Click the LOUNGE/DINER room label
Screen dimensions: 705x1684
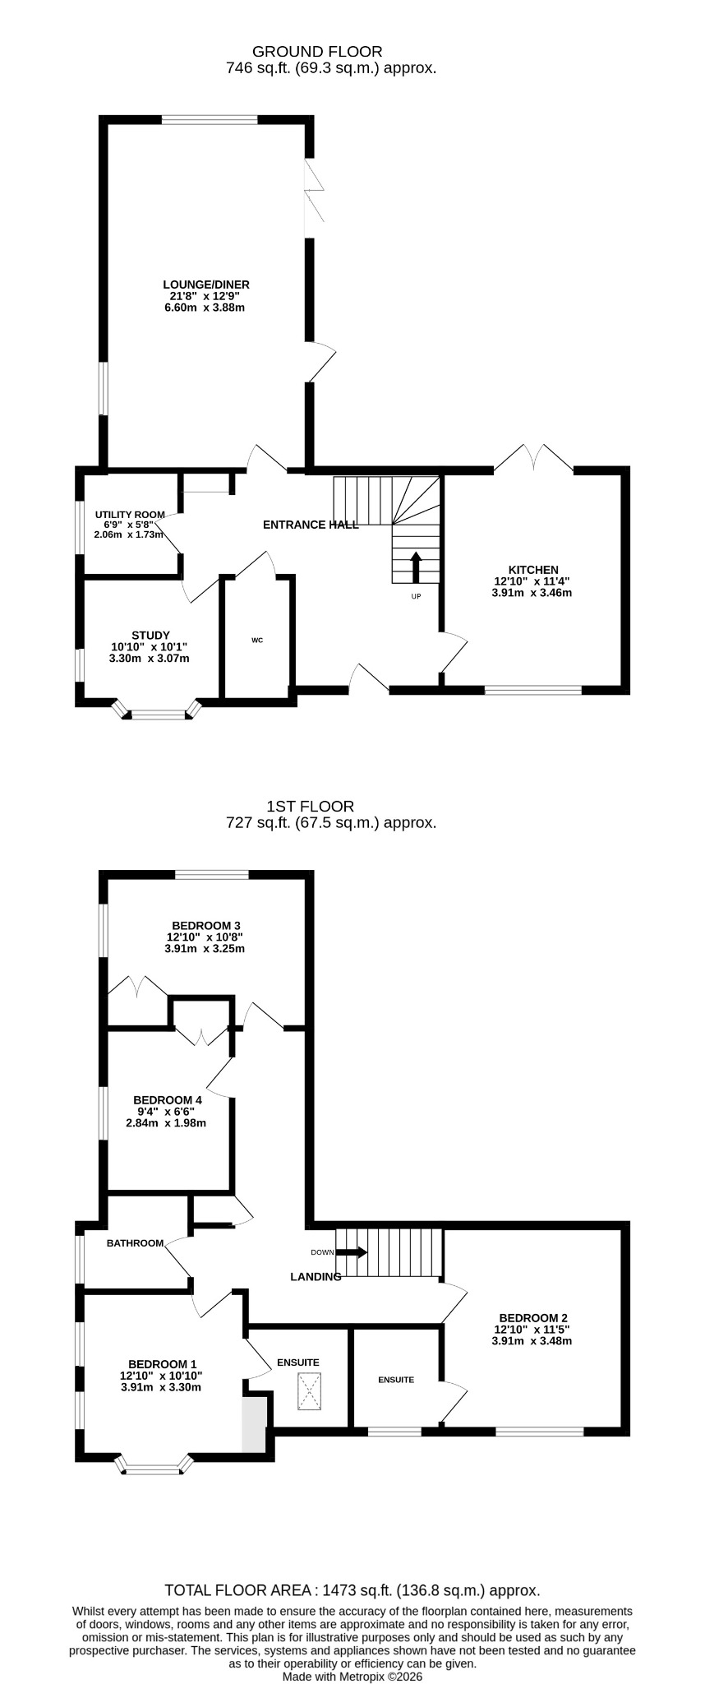tap(205, 285)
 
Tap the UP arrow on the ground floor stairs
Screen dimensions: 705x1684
tap(416, 567)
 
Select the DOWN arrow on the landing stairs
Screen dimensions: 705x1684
tap(352, 1252)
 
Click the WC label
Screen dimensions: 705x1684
tap(257, 640)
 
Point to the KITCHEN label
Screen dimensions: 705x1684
tap(533, 570)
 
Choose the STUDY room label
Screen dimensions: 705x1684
tap(150, 636)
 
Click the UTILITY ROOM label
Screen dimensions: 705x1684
tap(130, 515)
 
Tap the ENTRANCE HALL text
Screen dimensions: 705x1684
tap(311, 525)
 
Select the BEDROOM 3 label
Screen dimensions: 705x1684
tap(205, 925)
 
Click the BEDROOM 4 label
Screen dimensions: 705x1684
tap(168, 1100)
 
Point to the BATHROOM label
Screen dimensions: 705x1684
tap(136, 1243)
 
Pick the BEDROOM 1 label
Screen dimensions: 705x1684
tap(163, 1364)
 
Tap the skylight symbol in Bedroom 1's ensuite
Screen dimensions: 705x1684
tap(309, 1392)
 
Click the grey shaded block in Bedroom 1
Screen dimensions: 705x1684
tap(255, 1423)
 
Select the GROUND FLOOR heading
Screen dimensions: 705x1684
tap(317, 52)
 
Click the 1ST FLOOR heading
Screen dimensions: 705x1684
tap(311, 807)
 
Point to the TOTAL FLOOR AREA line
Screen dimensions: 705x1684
tap(352, 1590)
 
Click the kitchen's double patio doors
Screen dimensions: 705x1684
tap(533, 457)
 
